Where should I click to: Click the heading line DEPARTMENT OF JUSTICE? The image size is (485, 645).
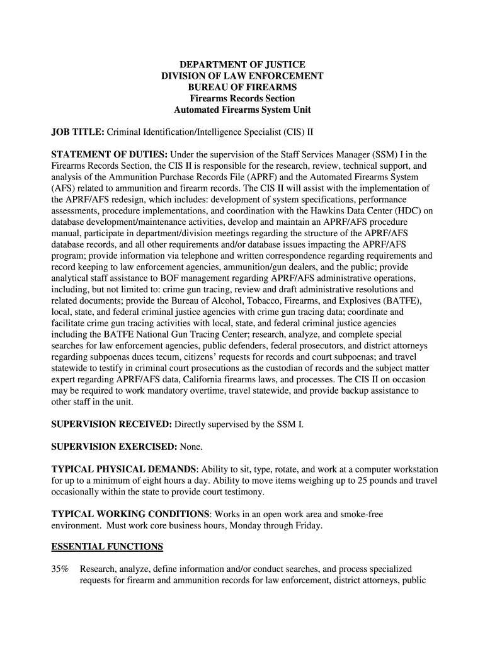(x=243, y=65)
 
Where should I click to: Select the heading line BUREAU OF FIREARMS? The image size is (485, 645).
(x=243, y=87)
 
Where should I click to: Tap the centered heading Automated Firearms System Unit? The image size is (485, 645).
(x=243, y=110)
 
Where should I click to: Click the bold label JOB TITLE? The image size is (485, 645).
(x=77, y=132)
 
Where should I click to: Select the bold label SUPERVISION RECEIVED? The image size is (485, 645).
(x=111, y=425)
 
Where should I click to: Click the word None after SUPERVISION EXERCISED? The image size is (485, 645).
(x=191, y=447)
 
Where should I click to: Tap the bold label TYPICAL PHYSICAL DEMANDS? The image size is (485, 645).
(x=123, y=469)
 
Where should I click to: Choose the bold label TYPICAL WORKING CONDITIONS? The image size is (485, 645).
(x=129, y=514)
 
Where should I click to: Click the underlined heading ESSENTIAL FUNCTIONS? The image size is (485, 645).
(x=107, y=547)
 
